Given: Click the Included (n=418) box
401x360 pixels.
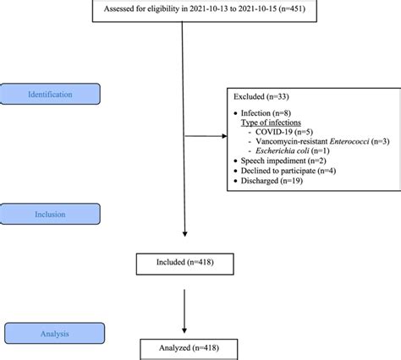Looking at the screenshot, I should [184, 264].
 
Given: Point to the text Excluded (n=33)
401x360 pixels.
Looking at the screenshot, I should [263, 98].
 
